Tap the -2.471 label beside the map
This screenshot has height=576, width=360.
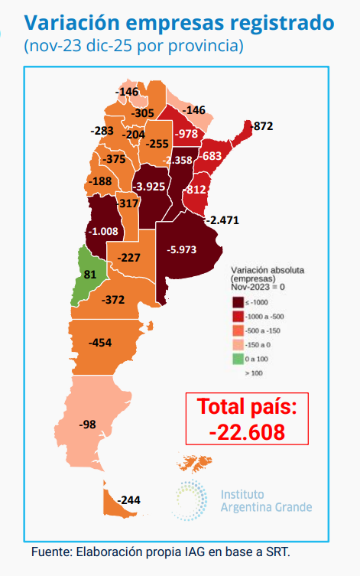point(225,220)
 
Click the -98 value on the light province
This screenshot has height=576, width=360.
point(88,424)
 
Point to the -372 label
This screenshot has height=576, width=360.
point(113,299)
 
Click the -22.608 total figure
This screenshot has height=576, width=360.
point(247,431)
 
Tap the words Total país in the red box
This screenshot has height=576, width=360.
point(247,406)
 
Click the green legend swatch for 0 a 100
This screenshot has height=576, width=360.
point(237,358)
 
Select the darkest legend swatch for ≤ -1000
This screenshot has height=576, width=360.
point(237,304)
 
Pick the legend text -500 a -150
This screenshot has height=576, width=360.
point(264,330)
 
